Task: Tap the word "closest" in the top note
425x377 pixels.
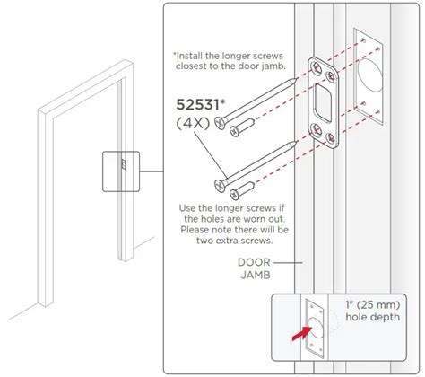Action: point(190,66)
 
